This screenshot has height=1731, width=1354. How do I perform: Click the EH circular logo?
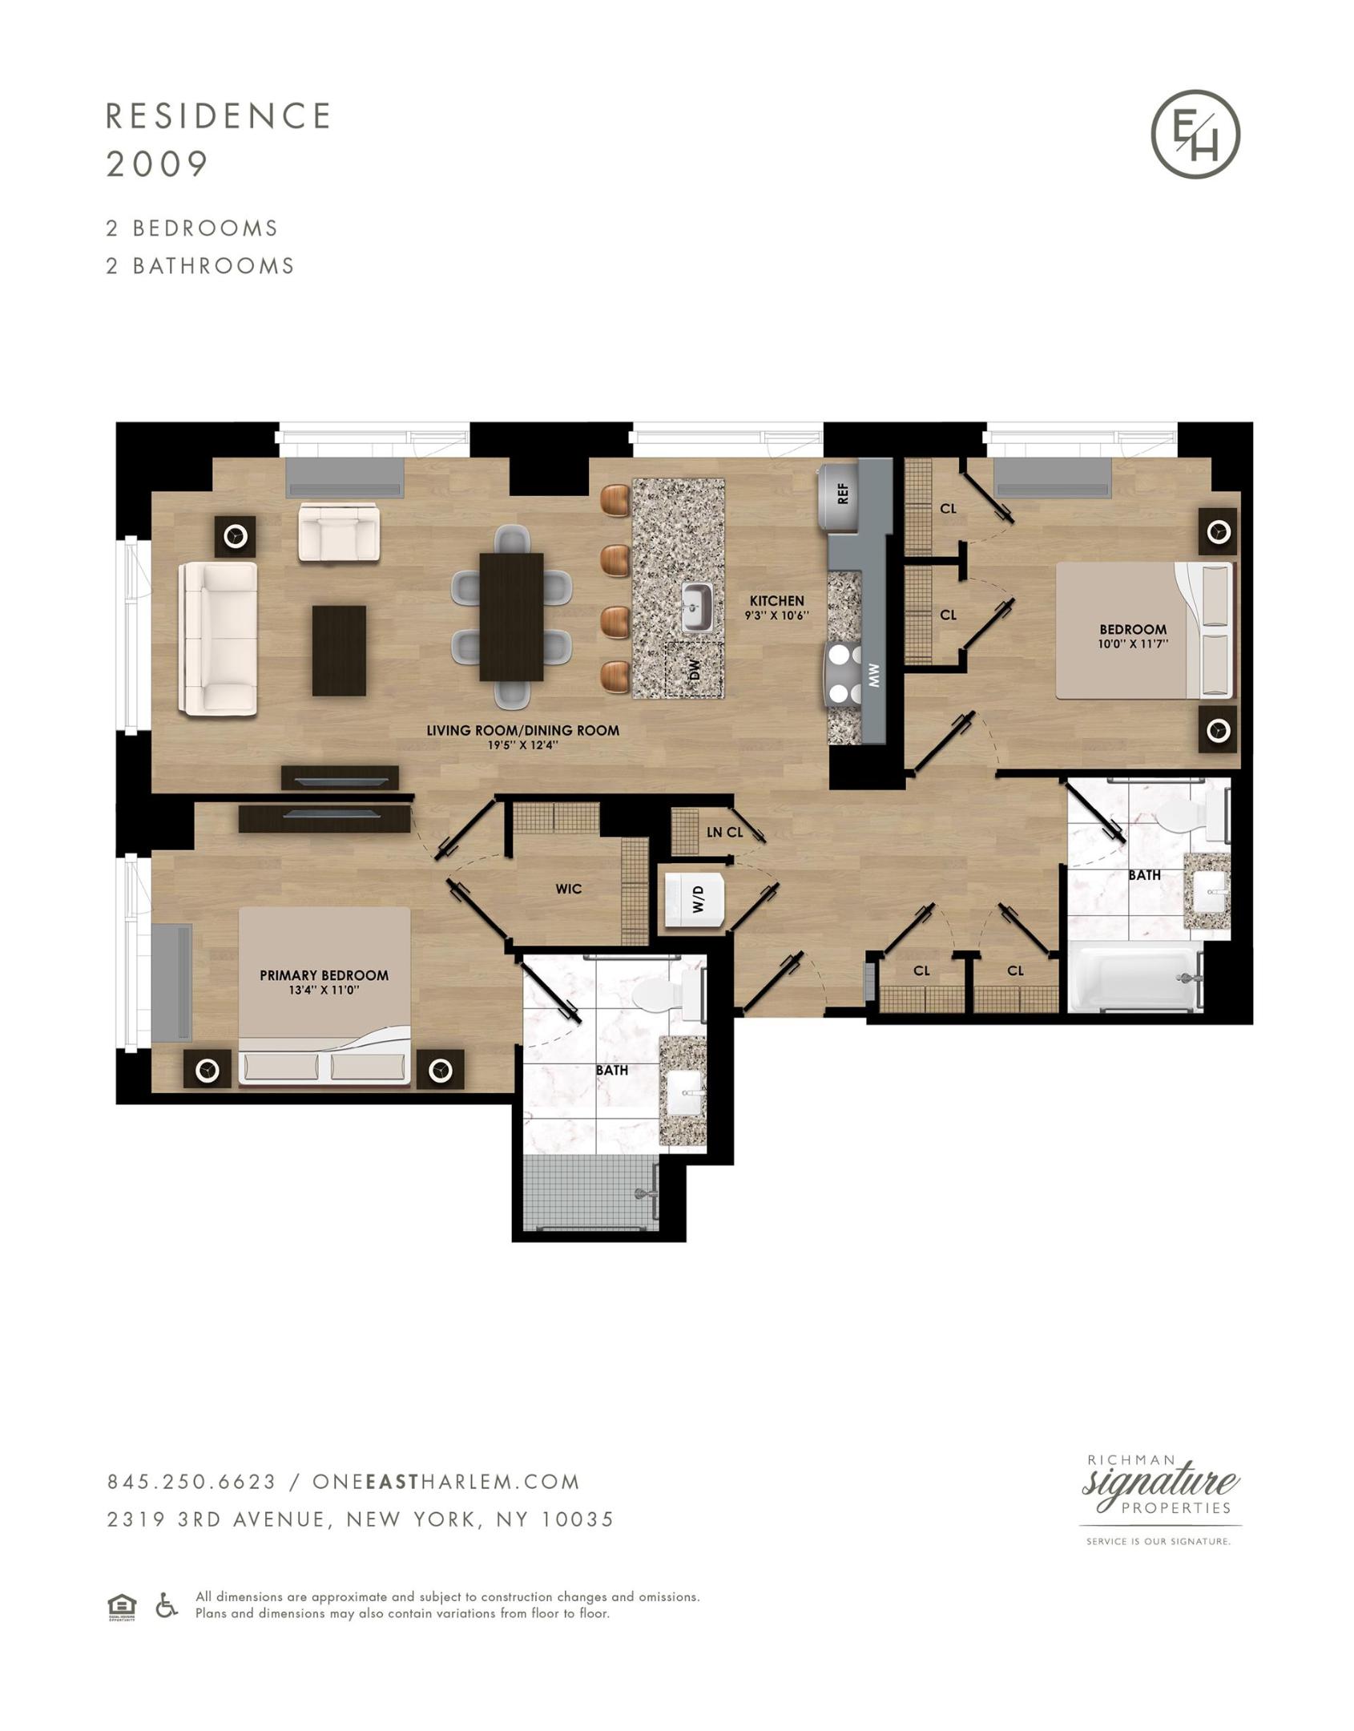tap(1195, 134)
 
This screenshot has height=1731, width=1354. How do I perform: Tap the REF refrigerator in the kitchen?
tap(838, 497)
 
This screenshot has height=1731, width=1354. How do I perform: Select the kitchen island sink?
tap(698, 608)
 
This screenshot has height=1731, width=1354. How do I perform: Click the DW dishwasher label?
tap(695, 669)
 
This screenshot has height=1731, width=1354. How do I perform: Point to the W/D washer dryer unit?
tap(695, 900)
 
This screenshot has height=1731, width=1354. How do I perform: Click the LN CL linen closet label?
tap(724, 833)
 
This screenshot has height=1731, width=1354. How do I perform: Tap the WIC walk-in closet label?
tap(568, 889)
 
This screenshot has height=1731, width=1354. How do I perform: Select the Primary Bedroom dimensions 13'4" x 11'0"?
tap(324, 991)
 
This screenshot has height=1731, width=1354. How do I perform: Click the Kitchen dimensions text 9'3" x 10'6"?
tap(776, 615)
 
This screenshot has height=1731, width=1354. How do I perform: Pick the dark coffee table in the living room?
tap(339, 651)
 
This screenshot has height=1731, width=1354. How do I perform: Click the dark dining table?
tap(511, 617)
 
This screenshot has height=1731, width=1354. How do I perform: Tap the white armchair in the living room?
tap(338, 532)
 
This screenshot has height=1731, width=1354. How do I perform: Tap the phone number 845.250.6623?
tap(191, 1482)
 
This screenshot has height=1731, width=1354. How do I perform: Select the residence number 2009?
tap(157, 164)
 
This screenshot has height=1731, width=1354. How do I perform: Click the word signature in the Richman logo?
tap(1160, 1482)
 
